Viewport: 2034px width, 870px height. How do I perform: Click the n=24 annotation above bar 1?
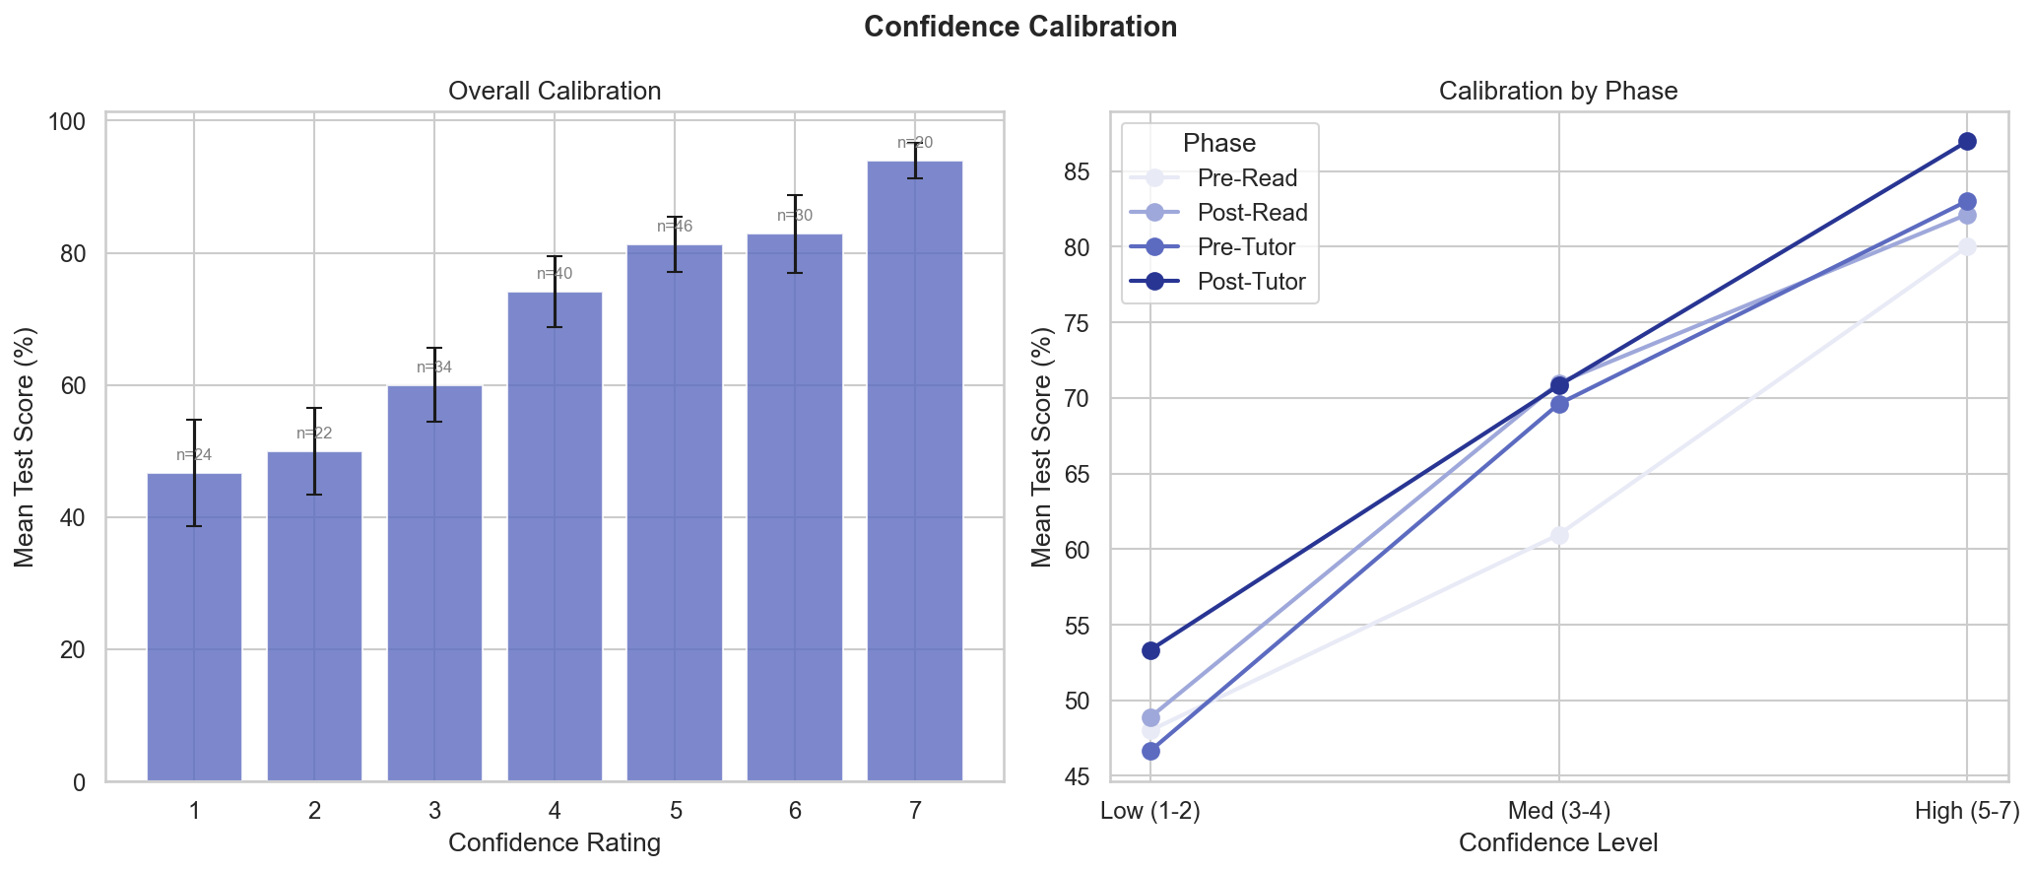click(x=194, y=455)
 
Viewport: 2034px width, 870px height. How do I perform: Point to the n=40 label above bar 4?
click(x=555, y=274)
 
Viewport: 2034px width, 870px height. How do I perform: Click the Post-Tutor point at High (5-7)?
click(x=1966, y=141)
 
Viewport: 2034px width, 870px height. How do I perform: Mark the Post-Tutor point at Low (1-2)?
click(x=1150, y=650)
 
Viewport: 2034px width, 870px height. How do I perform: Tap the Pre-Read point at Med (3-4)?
click(x=1559, y=535)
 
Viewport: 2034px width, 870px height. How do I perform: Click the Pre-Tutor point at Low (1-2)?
click(x=1150, y=751)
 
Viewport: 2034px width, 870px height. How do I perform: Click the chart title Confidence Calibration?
click(x=1019, y=27)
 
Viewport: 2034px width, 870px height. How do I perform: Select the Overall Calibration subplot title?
click(x=554, y=92)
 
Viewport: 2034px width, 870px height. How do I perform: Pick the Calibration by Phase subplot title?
click(x=1557, y=92)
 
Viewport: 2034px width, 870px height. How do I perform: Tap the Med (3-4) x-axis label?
click(x=1558, y=812)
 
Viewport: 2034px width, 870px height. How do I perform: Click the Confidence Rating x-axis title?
click(x=554, y=843)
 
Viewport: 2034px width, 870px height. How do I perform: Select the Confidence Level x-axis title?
click(x=1557, y=843)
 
